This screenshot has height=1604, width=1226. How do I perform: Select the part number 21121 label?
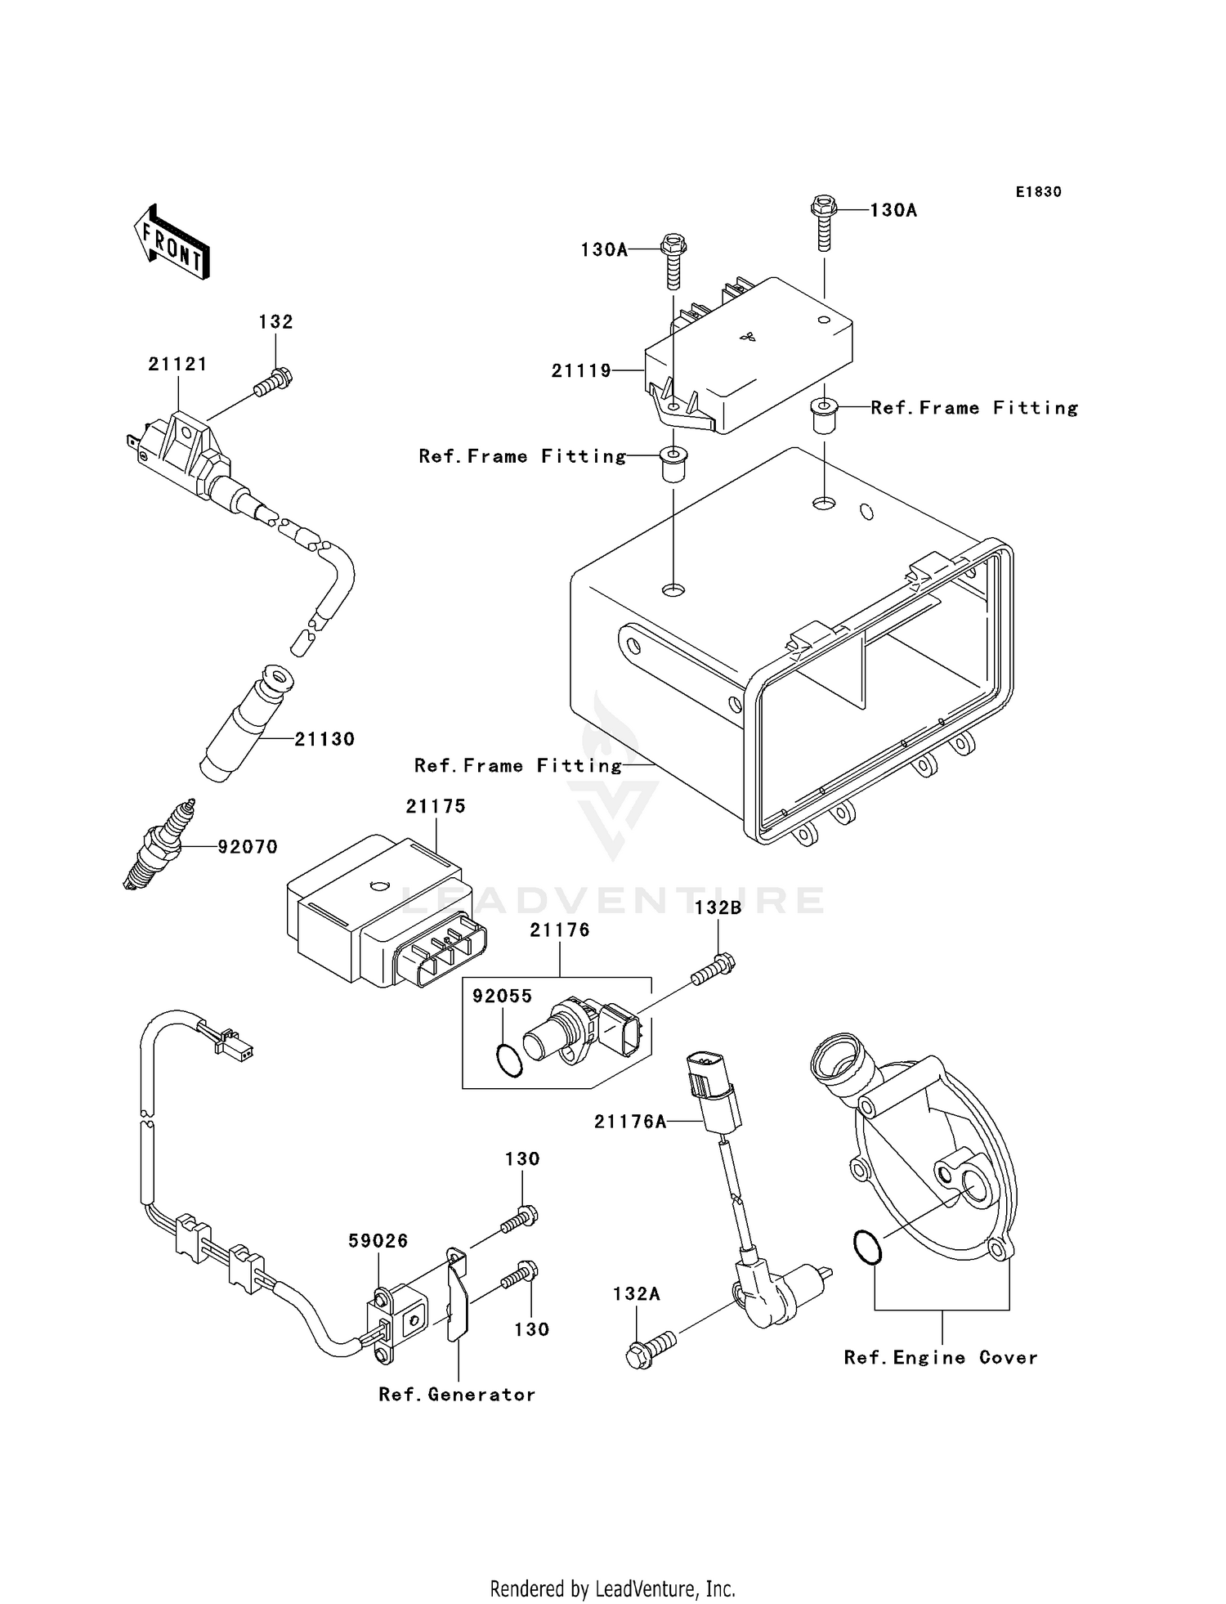177,365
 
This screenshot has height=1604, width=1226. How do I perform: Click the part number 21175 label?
436,807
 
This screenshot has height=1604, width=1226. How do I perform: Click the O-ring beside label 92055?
509,1060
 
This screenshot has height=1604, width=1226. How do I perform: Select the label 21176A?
630,1122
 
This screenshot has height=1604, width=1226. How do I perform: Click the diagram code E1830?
1038,192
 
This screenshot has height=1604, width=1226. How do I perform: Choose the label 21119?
581,371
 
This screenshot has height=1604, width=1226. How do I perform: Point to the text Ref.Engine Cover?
941,1358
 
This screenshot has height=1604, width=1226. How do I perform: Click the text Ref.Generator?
457,1395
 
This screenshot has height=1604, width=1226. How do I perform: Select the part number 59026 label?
378,1241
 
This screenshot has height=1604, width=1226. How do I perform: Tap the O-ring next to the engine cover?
867,1248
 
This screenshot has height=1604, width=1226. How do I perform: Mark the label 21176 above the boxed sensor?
559,930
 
